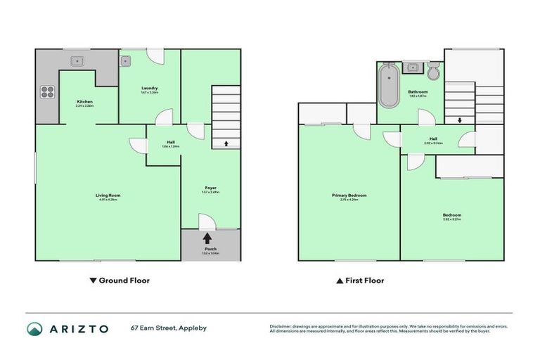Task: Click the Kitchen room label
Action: coord(85,103)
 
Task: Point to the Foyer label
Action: coord(210,188)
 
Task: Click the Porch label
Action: coord(210,250)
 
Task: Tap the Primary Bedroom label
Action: coord(349,196)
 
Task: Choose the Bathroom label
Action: coord(418,92)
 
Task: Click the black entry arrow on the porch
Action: coord(207,238)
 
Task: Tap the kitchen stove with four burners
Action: coord(48,92)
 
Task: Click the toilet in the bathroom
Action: coord(433,70)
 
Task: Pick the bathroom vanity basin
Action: coord(413,68)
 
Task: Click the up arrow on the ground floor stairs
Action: coord(226,143)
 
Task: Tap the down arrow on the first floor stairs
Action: coord(459,120)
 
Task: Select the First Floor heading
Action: coord(360,281)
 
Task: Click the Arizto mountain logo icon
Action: coord(34,328)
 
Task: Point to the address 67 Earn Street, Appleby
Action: coord(168,328)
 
